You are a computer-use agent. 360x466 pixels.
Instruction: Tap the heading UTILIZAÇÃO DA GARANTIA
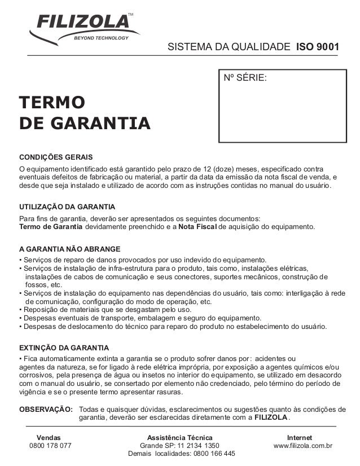pos(67,207)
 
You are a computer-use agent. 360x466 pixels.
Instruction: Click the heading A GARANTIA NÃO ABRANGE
pos(69,249)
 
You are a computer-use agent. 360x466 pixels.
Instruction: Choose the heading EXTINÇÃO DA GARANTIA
pos(64,348)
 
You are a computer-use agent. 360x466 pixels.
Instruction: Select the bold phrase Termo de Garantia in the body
pos(51,227)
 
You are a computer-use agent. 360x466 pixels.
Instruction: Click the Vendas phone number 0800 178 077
pos(50,446)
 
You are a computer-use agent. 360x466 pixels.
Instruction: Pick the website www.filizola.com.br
pos(303,446)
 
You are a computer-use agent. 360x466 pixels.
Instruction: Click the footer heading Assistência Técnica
pos(180,437)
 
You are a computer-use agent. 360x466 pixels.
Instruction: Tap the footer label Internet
pos(302,437)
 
